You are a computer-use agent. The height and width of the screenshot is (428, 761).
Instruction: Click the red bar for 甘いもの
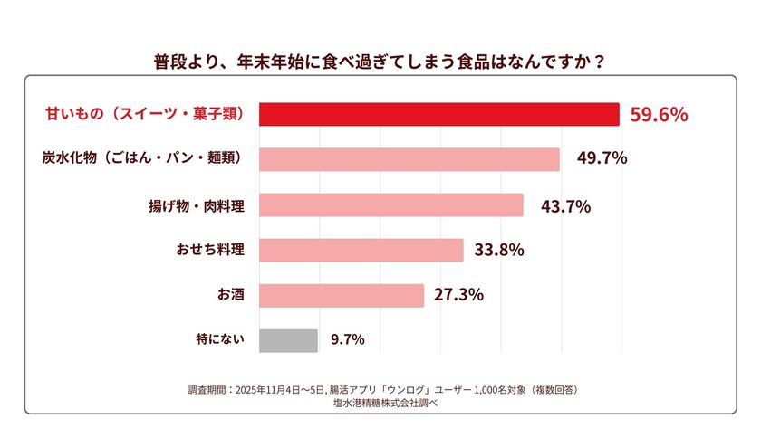click(x=439, y=114)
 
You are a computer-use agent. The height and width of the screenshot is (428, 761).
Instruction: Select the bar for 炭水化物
click(x=409, y=159)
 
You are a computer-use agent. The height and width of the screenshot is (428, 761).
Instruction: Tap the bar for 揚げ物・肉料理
click(x=391, y=205)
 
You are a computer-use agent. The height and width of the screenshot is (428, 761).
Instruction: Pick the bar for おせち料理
click(x=361, y=250)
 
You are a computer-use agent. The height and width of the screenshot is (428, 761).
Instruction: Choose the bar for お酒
click(x=342, y=295)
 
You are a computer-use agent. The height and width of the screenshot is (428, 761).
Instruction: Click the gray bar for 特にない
click(x=288, y=340)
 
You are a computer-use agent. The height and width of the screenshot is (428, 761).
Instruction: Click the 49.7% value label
click(x=602, y=159)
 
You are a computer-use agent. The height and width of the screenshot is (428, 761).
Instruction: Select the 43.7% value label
click(x=565, y=206)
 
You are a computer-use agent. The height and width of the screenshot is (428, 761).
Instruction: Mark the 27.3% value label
click(x=458, y=295)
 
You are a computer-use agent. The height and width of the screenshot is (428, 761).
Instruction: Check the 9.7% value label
click(x=348, y=340)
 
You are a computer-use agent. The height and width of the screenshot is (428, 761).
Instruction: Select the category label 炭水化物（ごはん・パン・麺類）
click(x=143, y=158)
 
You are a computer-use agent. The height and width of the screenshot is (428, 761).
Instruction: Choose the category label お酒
click(x=230, y=295)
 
